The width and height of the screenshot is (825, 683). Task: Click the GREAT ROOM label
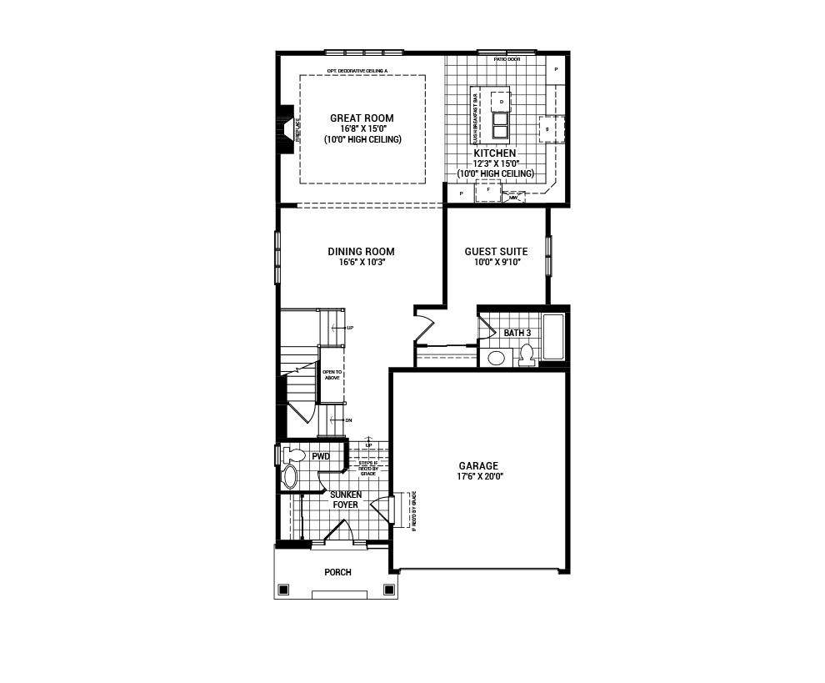pyautogui.click(x=361, y=118)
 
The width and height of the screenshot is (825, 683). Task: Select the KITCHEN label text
pyautogui.click(x=495, y=153)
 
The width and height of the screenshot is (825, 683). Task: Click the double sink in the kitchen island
pyautogui.click(x=501, y=125)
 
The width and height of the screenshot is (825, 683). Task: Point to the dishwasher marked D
pyautogui.click(x=501, y=101)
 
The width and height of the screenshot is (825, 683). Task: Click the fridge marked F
pyautogui.click(x=488, y=191)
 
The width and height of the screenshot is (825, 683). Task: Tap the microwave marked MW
pyautogui.click(x=513, y=198)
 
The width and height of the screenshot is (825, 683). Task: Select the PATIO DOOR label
pyautogui.click(x=506, y=59)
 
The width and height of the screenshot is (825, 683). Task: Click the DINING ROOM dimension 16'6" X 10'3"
pyautogui.click(x=361, y=262)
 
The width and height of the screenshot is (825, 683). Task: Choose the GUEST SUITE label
pyautogui.click(x=496, y=252)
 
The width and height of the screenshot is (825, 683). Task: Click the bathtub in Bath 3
pyautogui.click(x=553, y=337)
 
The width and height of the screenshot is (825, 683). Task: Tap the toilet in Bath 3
pyautogui.click(x=526, y=355)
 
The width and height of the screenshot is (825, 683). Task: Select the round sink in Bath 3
pyautogui.click(x=497, y=359)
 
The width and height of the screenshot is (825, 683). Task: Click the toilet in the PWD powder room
pyautogui.click(x=292, y=455)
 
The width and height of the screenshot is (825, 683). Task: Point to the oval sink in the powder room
pyautogui.click(x=290, y=477)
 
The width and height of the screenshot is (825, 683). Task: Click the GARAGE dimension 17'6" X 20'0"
pyautogui.click(x=477, y=476)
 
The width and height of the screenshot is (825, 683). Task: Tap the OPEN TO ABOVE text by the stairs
pyautogui.click(x=332, y=374)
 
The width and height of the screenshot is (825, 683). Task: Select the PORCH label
pyautogui.click(x=337, y=572)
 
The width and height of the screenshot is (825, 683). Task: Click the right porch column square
pyautogui.click(x=388, y=590)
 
